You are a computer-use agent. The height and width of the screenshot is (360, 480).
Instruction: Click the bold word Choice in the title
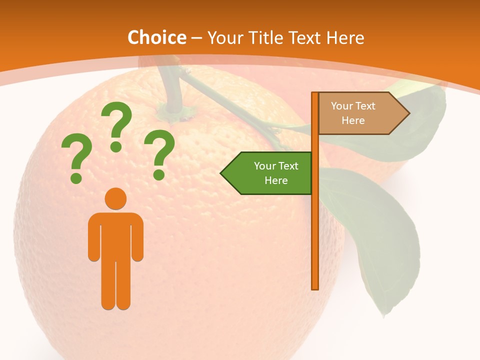(156, 37)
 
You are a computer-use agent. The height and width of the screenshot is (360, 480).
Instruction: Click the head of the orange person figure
(115, 198)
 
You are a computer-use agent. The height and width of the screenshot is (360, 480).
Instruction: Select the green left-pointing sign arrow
(267, 173)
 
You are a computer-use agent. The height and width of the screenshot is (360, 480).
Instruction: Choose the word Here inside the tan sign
(353, 120)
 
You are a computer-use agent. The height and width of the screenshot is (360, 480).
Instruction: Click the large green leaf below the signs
(375, 230)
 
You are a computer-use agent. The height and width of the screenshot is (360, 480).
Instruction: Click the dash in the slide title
(196, 37)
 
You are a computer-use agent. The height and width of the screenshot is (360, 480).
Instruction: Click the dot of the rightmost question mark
(159, 175)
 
